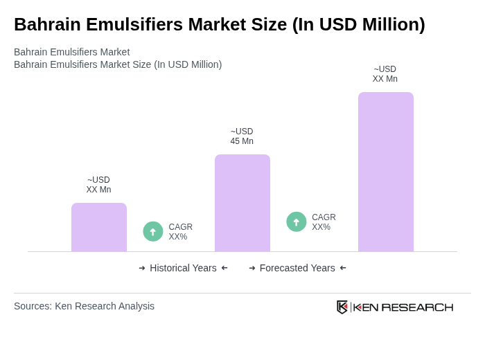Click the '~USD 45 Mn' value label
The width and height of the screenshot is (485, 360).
(x=242, y=136)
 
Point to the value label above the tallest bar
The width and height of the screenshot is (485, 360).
(x=385, y=74)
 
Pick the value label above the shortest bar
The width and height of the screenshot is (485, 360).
(x=98, y=185)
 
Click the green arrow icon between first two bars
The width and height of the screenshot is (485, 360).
(x=153, y=231)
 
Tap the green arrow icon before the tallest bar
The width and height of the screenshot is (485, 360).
(x=297, y=222)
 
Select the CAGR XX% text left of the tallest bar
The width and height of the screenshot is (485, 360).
(x=324, y=222)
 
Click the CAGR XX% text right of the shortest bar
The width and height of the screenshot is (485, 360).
(x=180, y=232)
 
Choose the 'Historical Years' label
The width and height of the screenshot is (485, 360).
(x=183, y=268)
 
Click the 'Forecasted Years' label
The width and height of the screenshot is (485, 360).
(x=297, y=268)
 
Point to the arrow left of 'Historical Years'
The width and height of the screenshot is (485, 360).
(x=142, y=268)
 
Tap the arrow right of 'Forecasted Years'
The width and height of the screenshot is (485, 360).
(x=343, y=268)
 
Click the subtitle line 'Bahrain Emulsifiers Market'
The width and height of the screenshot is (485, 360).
(x=71, y=52)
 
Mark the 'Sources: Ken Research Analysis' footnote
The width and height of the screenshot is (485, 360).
(x=84, y=306)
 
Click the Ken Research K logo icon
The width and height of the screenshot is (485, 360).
(x=342, y=307)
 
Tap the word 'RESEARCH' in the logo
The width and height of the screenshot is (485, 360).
(x=417, y=307)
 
